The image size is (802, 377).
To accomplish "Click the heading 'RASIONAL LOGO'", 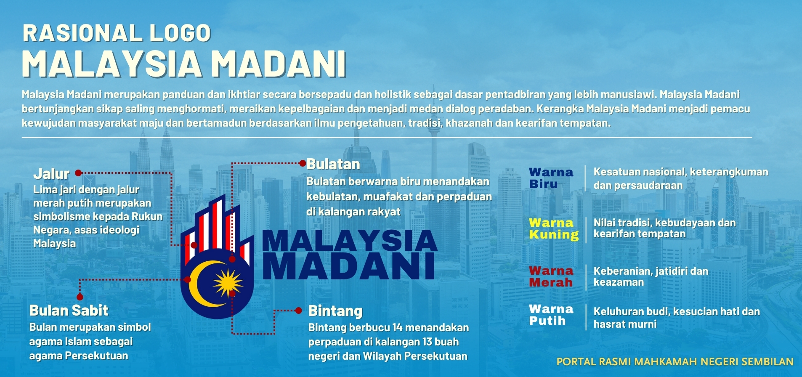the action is click(117, 33).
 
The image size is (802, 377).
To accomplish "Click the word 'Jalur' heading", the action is click(51, 173).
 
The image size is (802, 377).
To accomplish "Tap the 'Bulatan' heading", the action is click(333, 164).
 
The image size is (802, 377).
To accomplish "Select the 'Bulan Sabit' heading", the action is click(69, 311).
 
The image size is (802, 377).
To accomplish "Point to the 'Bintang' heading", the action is click(335, 311).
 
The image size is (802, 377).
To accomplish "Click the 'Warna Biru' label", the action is click(551, 178).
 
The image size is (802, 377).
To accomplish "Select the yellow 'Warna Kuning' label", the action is click(554, 228).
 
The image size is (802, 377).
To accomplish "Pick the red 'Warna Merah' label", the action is click(551, 276).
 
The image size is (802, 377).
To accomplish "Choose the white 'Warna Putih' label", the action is click(551, 315).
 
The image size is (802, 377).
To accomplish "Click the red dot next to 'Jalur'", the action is click(78, 173).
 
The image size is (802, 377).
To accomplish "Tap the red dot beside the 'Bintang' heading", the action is click(299, 311).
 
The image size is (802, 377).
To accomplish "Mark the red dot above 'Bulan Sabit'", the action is click(80, 297).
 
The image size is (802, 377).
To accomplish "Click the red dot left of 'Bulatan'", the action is click(303, 163).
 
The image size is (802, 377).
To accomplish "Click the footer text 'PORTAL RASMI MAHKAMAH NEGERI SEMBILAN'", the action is click(675, 362).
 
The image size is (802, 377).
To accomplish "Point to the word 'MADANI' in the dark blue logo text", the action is click(349, 266).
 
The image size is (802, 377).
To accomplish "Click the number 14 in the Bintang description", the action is click(398, 327).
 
